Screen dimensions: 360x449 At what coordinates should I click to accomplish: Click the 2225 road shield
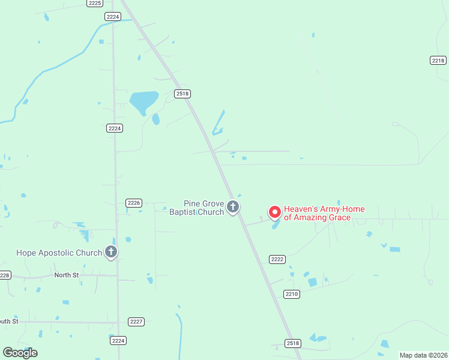coord(94,3)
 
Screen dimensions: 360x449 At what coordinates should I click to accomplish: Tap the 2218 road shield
coord(438,60)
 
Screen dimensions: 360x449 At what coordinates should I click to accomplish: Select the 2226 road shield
coord(134,203)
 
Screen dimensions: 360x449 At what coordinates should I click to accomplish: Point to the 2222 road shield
coord(277,259)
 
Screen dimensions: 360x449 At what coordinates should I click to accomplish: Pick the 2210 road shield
coord(291,294)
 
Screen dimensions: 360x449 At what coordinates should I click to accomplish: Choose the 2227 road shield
coord(136,322)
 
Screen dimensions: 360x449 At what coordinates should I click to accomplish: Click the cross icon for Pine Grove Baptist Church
coord(233,208)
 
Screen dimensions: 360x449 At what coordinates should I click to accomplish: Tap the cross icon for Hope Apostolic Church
coord(111,253)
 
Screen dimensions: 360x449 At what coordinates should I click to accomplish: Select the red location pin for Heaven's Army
coord(274,212)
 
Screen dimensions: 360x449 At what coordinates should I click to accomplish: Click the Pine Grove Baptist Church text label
coord(196,208)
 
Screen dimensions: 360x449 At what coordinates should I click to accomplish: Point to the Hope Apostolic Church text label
coord(59,253)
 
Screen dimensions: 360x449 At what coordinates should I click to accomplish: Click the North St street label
coord(67,275)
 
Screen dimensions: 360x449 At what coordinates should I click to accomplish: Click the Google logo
coord(20,353)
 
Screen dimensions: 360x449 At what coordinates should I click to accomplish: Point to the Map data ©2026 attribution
coord(423,355)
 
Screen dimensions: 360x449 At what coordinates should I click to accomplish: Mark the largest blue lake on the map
coord(143,101)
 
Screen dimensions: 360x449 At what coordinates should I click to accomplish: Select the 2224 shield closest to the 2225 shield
coord(112,17)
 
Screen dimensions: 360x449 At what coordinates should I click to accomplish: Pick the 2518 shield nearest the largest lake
coord(182,94)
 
